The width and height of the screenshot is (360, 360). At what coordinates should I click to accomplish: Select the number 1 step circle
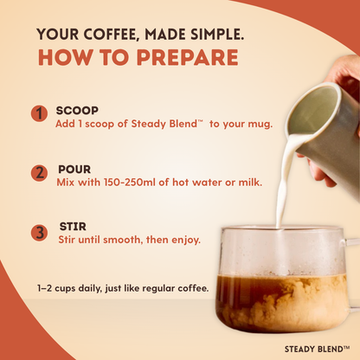coord(38,114)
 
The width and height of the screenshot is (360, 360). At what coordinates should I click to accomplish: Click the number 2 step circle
coord(38,172)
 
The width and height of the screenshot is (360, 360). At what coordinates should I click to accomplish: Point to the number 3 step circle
coord(38,232)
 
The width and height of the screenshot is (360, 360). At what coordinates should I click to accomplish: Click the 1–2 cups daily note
coord(123,287)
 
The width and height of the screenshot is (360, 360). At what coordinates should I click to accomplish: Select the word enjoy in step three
coord(184,240)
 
